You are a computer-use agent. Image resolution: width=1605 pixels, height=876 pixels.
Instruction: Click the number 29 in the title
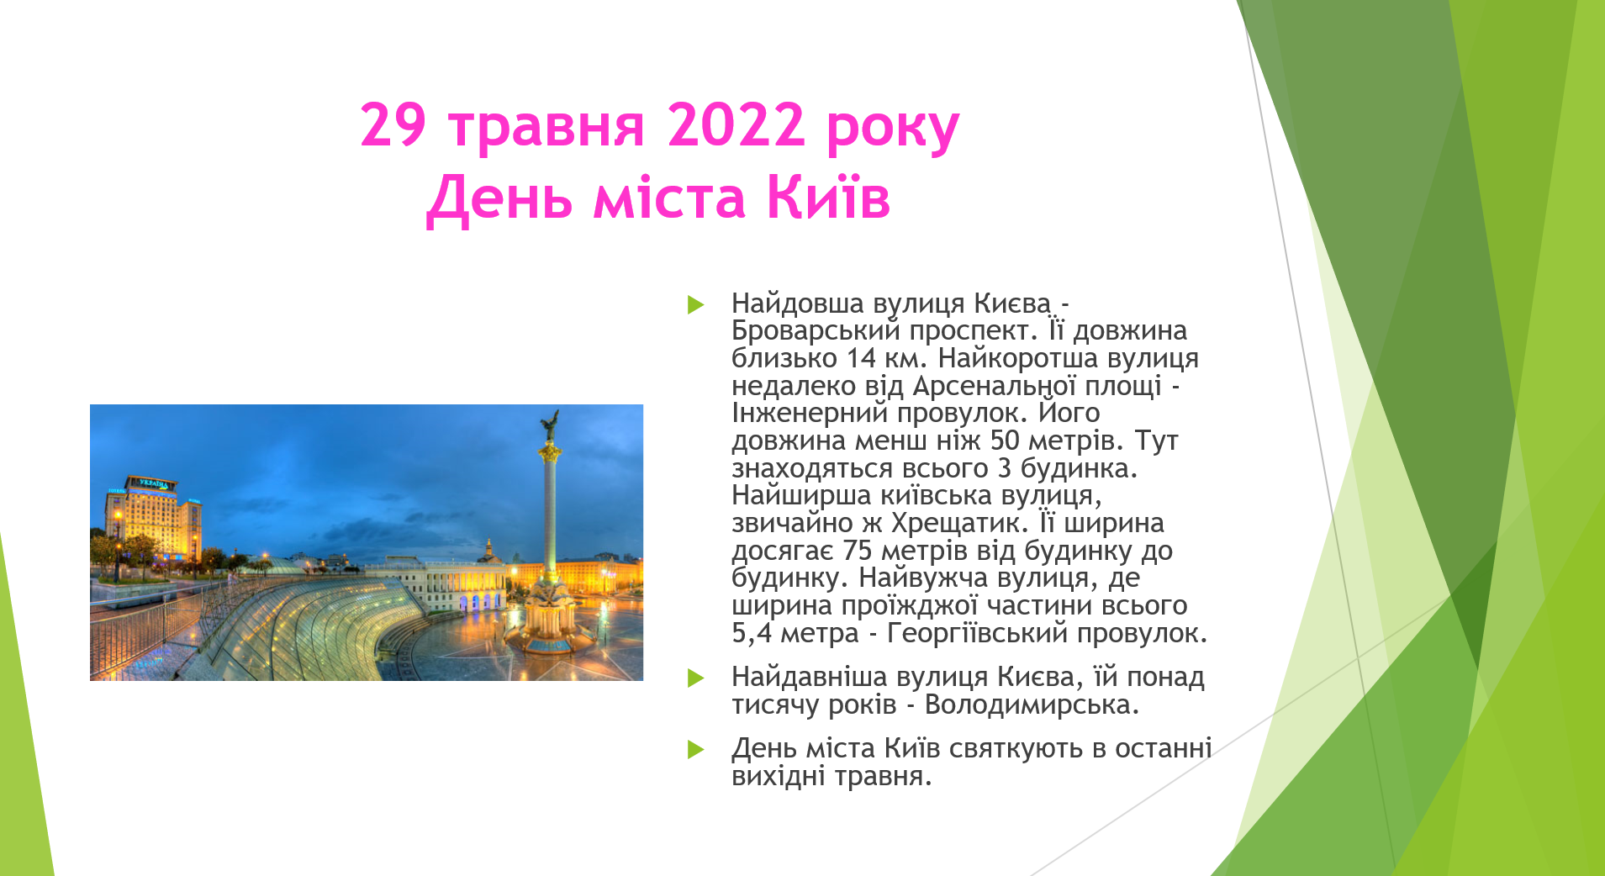(x=393, y=125)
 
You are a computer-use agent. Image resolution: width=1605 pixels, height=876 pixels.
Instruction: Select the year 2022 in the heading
(x=737, y=125)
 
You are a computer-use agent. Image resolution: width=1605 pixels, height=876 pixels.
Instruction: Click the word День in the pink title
(x=502, y=198)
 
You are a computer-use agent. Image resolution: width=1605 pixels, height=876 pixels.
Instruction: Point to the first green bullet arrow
(x=695, y=304)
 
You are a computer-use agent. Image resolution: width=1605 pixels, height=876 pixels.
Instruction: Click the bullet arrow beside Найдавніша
(x=695, y=678)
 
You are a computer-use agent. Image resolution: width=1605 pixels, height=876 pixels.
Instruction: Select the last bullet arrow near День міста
(x=695, y=749)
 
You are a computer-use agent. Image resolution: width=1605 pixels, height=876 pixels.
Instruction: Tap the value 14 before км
(x=861, y=358)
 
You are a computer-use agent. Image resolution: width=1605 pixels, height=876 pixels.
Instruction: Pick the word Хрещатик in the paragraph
(x=959, y=523)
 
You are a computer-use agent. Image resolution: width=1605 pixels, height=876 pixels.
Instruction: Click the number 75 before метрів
(x=858, y=551)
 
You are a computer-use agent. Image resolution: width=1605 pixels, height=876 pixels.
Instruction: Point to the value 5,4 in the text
(x=752, y=633)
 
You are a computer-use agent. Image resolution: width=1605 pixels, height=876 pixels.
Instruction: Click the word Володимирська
(x=1032, y=704)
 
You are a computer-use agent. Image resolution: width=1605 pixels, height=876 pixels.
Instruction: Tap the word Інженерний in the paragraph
(x=810, y=413)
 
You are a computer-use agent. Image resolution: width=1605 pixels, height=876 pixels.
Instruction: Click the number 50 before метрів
(x=1005, y=440)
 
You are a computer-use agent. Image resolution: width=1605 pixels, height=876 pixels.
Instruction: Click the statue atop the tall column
(x=550, y=425)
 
